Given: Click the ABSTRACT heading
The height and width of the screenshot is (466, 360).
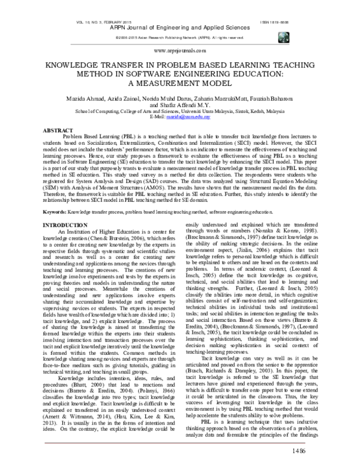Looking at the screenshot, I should coord(55,130).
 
